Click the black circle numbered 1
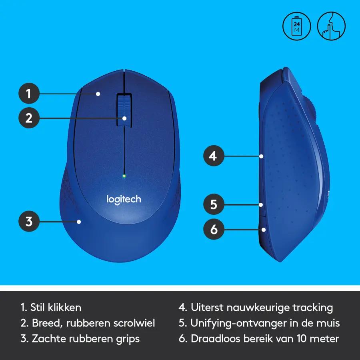click(x=29, y=94)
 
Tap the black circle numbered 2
click(x=29, y=118)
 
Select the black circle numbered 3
click(x=29, y=221)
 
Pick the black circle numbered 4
click(x=214, y=156)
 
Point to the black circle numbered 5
click(x=214, y=204)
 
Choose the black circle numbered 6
click(x=214, y=229)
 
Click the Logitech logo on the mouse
click(x=124, y=200)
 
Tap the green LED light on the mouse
click(x=124, y=176)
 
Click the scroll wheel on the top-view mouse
click(x=124, y=110)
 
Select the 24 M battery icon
click(x=297, y=26)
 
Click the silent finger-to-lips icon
click(x=331, y=26)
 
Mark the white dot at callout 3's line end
click(x=79, y=222)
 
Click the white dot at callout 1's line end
click(x=98, y=94)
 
